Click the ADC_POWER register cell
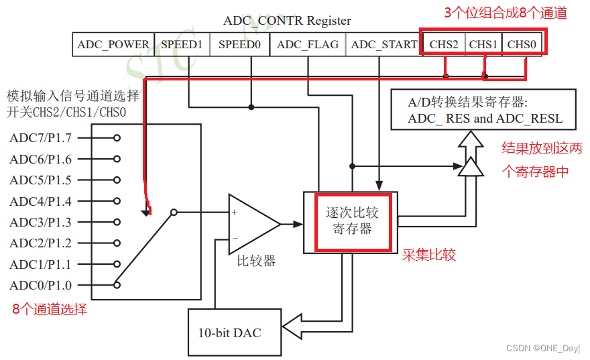click(113, 45)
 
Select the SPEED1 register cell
click(182, 45)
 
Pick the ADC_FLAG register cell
click(308, 45)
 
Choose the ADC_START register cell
click(383, 45)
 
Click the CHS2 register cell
click(444, 44)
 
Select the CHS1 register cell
click(483, 44)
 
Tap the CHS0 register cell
click(522, 44)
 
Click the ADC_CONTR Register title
click(287, 21)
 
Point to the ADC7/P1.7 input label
click(40, 138)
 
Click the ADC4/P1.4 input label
click(40, 201)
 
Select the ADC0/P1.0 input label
click(40, 285)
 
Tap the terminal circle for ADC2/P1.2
click(117, 243)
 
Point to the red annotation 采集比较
click(429, 255)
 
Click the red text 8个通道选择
click(50, 310)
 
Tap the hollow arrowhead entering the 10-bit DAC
click(292, 328)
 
